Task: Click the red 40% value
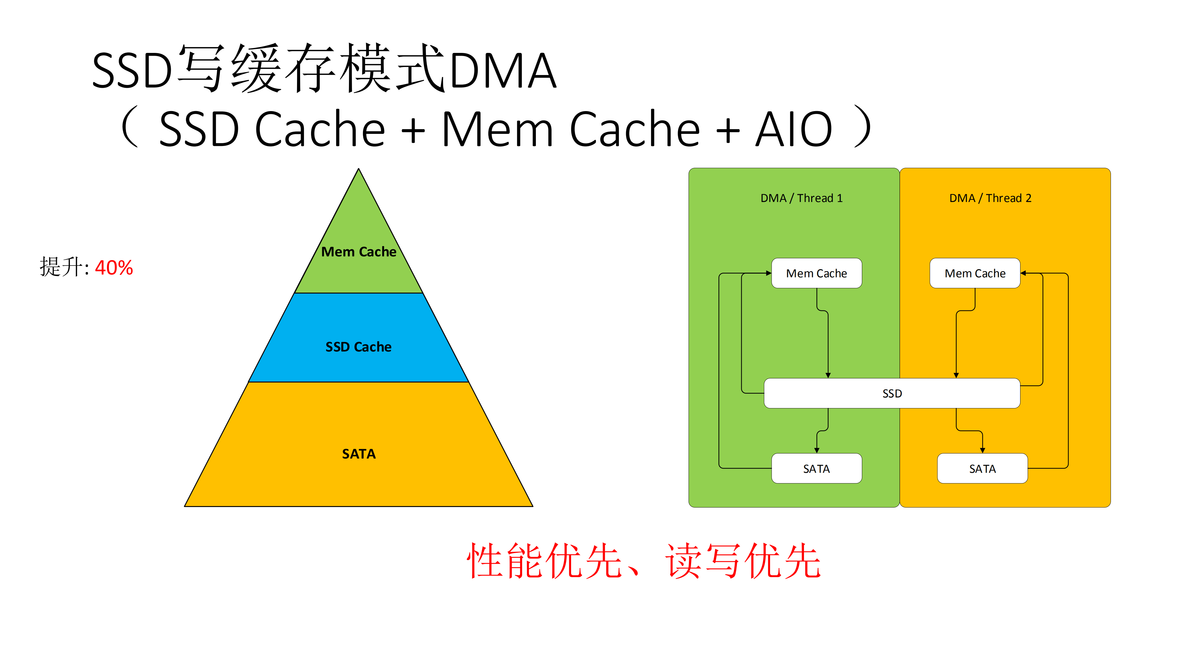pyautogui.click(x=114, y=268)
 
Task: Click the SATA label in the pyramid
pyautogui.click(x=359, y=453)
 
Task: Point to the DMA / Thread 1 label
pyautogui.click(x=801, y=198)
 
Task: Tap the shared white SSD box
pyautogui.click(x=892, y=393)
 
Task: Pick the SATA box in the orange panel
pyautogui.click(x=982, y=468)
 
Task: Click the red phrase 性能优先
pyautogui.click(x=544, y=561)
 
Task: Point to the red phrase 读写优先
pyautogui.click(x=743, y=561)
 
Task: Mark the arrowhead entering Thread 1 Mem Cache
pyautogui.click(x=769, y=273)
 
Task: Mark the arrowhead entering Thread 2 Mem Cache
pyautogui.click(x=1024, y=273)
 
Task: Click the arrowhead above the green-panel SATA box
pyautogui.click(x=817, y=450)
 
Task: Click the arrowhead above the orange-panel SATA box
pyautogui.click(x=982, y=450)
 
